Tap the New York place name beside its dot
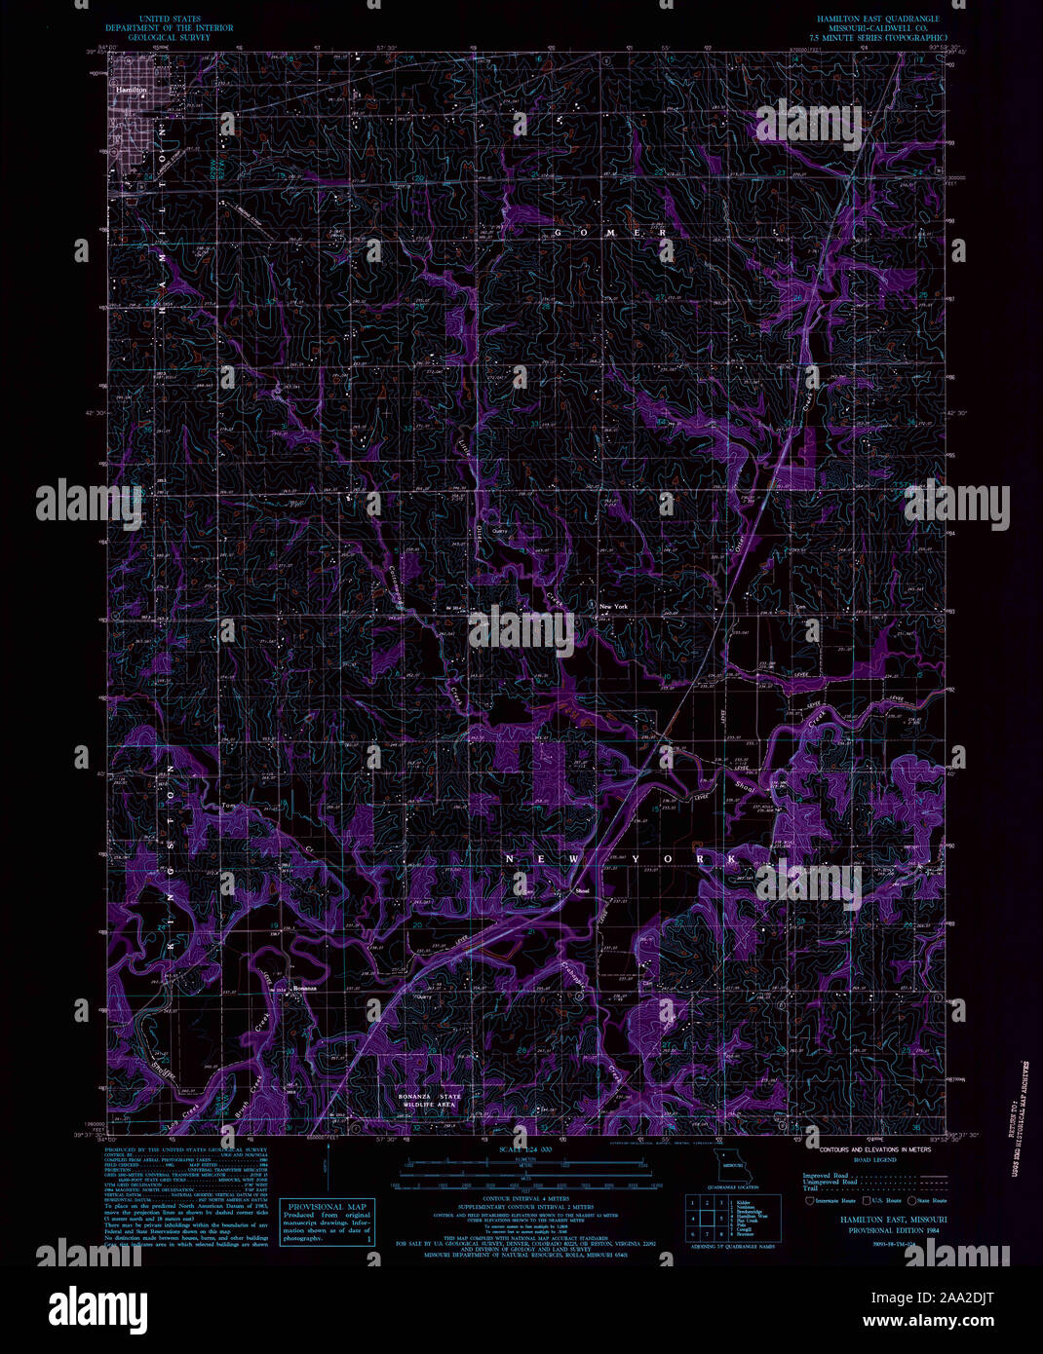613,607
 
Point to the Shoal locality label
583,890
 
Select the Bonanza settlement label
306,989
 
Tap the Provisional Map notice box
326,1223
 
